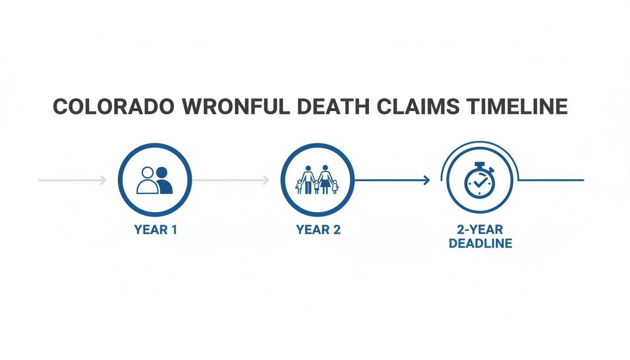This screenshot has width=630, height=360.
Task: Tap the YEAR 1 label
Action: pyautogui.click(x=155, y=230)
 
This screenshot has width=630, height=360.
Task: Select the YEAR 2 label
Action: pyautogui.click(x=318, y=230)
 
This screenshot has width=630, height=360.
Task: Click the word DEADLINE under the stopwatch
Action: pyautogui.click(x=480, y=244)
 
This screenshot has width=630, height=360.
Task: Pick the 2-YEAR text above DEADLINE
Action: pyautogui.click(x=480, y=230)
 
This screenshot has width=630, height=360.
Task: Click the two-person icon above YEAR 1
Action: pyautogui.click(x=155, y=180)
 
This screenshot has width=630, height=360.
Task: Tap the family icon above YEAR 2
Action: pyautogui.click(x=317, y=180)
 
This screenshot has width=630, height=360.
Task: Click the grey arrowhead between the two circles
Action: pyautogui.click(x=266, y=180)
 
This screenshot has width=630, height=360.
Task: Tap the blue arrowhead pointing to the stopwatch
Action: pyautogui.click(x=427, y=180)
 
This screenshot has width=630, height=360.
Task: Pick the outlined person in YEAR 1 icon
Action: pyautogui.click(x=147, y=181)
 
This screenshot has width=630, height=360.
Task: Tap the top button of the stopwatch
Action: pyautogui.click(x=480, y=165)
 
